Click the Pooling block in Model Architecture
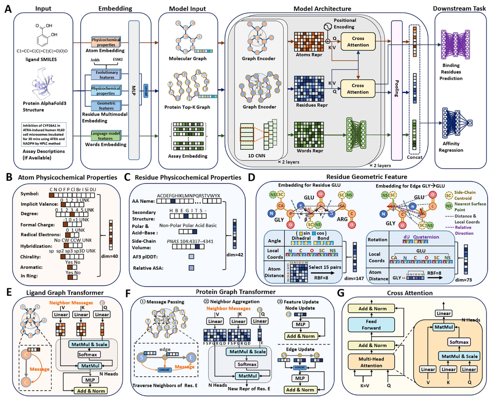point(396,90)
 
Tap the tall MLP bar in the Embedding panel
point(134,90)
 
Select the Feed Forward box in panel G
point(371,325)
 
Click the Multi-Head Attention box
point(371,362)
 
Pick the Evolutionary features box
point(106,75)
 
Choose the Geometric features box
point(106,106)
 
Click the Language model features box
point(105,136)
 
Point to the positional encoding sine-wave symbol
point(328,27)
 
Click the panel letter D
point(251,177)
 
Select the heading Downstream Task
point(459,8)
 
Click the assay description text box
point(44,134)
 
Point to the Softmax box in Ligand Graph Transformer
point(88,354)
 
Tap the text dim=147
point(354,278)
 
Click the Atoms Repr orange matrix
point(309,42)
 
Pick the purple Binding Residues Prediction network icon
point(455,44)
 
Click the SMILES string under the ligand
point(42,51)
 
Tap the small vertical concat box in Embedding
point(146,91)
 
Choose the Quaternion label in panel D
point(426,237)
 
